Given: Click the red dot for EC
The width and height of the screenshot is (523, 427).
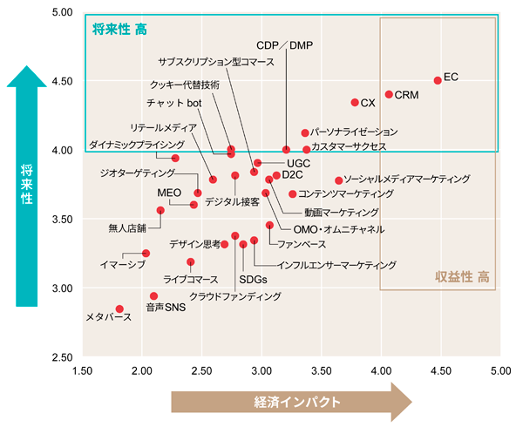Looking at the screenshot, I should click(438, 80).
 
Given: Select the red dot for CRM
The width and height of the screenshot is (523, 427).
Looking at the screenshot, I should click(389, 94).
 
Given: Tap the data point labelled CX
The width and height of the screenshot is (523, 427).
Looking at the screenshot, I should click(355, 103).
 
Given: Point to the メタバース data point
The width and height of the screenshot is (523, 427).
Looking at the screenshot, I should click(120, 308).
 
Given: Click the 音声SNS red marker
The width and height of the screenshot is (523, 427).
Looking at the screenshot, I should click(154, 296).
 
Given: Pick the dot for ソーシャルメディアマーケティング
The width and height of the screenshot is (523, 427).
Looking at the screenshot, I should click(338, 180).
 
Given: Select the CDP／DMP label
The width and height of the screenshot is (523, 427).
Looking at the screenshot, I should click(284, 44).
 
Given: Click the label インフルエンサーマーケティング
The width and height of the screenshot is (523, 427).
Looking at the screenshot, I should click(336, 265).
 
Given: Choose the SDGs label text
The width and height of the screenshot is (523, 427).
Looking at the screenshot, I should click(252, 280).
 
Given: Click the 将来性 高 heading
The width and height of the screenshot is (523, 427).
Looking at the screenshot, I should click(119, 29).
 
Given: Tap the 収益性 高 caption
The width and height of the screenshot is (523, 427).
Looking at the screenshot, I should click(466, 277).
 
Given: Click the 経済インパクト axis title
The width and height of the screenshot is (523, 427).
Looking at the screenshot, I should click(291, 401).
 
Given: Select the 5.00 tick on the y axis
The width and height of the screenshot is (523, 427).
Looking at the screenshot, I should click(63, 13).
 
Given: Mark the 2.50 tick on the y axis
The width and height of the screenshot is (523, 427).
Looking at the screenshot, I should click(63, 357).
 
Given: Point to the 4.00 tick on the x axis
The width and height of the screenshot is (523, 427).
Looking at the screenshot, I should click(381, 372).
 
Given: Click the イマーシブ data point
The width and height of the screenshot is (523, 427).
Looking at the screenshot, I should click(146, 253).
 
